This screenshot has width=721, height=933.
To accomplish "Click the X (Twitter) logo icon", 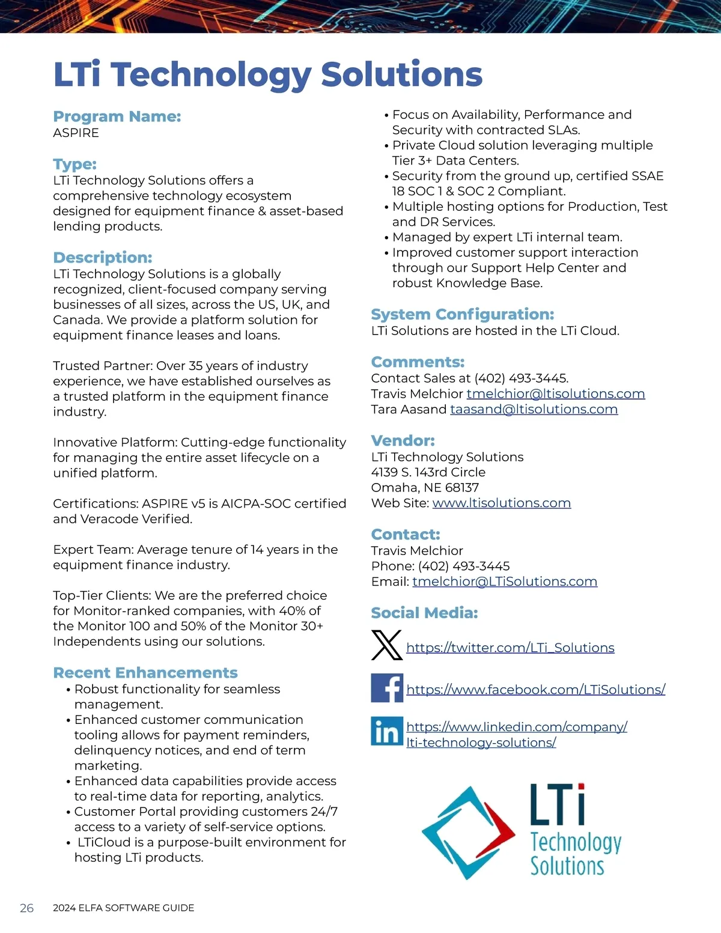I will [x=386, y=645].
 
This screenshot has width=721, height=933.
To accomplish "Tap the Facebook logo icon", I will [x=386, y=688].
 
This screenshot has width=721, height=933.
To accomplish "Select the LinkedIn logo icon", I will [x=386, y=731].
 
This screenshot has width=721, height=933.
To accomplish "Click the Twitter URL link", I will [x=510, y=648].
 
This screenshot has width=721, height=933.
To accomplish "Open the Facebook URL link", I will [x=535, y=690].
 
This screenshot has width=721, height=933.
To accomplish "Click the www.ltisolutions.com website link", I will [x=501, y=503].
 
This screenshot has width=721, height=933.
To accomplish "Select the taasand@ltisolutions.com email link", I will [x=534, y=409].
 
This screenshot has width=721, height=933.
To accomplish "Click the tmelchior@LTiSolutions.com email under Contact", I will [x=505, y=582].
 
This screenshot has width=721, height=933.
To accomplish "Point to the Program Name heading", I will [x=117, y=117].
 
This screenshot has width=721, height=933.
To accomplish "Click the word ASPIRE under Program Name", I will [x=76, y=133].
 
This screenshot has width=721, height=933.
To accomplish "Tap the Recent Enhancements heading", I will [x=145, y=673].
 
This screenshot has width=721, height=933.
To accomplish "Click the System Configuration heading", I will [x=462, y=314].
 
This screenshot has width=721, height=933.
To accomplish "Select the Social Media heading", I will [x=424, y=613].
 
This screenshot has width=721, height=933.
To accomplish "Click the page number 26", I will [x=26, y=908].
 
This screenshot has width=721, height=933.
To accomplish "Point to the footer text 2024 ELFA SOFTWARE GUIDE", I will [x=123, y=908].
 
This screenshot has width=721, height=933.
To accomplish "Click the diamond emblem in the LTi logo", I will [x=468, y=833].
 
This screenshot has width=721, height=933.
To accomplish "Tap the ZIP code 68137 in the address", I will [x=462, y=488].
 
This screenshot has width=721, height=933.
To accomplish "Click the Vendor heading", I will [x=403, y=440].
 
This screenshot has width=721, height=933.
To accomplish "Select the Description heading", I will [x=102, y=258].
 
